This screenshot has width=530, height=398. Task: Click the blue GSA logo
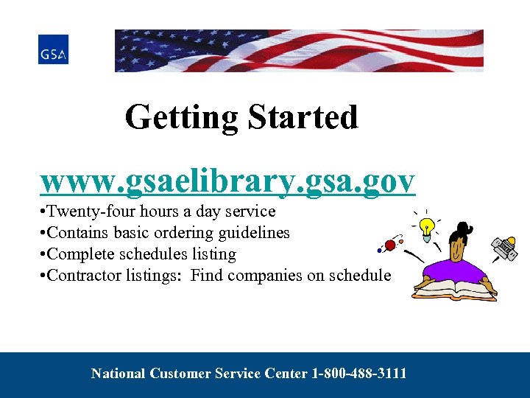(x=53, y=49)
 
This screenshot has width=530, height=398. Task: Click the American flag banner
(x=299, y=50)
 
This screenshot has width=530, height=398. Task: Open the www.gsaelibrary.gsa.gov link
(x=227, y=180)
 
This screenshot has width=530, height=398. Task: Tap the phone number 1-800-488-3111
(x=359, y=374)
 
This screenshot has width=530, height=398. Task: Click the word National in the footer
(x=119, y=374)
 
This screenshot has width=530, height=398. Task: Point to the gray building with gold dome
(x=505, y=247)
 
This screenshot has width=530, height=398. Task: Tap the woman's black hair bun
(x=463, y=228)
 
